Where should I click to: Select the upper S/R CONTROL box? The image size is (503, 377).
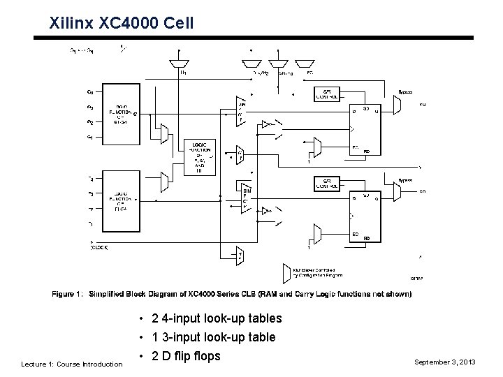[x=328, y=94]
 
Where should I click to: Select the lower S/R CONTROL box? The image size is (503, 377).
[x=328, y=184]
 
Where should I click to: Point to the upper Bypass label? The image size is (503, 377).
[x=404, y=91]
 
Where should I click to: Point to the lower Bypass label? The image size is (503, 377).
[x=405, y=180]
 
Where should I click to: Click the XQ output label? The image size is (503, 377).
[x=422, y=191]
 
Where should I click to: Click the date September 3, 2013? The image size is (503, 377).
[x=444, y=362]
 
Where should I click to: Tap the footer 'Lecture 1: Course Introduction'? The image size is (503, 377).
[x=71, y=364]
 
